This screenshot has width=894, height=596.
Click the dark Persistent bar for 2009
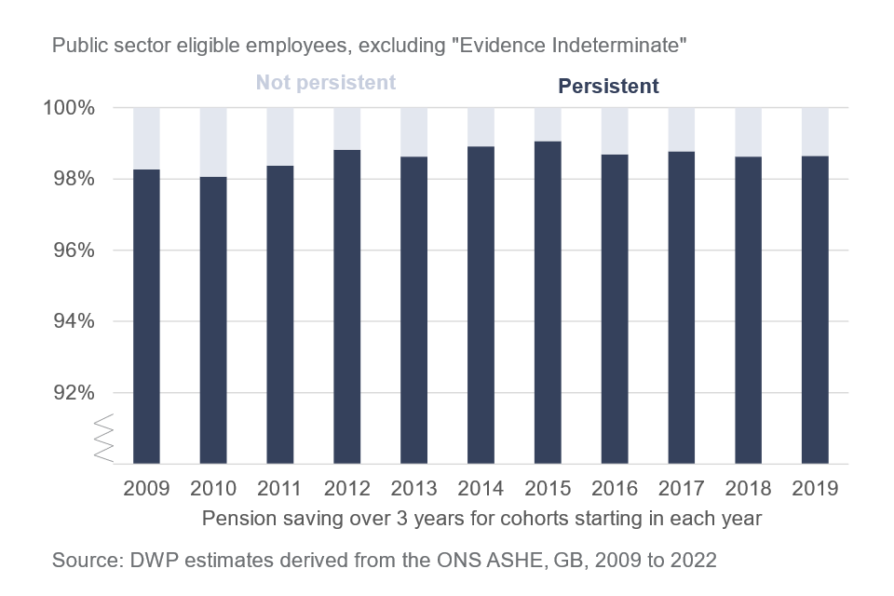[147, 317]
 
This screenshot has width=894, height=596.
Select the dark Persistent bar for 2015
[548, 303]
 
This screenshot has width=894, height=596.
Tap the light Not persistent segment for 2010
[213, 142]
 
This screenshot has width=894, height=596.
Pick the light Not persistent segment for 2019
[815, 131]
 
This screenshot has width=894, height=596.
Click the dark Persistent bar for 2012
[347, 306]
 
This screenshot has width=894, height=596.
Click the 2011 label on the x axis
[280, 488]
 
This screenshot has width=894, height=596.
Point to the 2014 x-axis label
[481, 488]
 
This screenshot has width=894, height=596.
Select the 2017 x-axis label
[682, 488]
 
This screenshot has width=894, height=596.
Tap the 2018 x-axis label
[748, 488]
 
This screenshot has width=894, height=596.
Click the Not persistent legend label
[326, 82]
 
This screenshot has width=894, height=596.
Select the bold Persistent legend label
[608, 86]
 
